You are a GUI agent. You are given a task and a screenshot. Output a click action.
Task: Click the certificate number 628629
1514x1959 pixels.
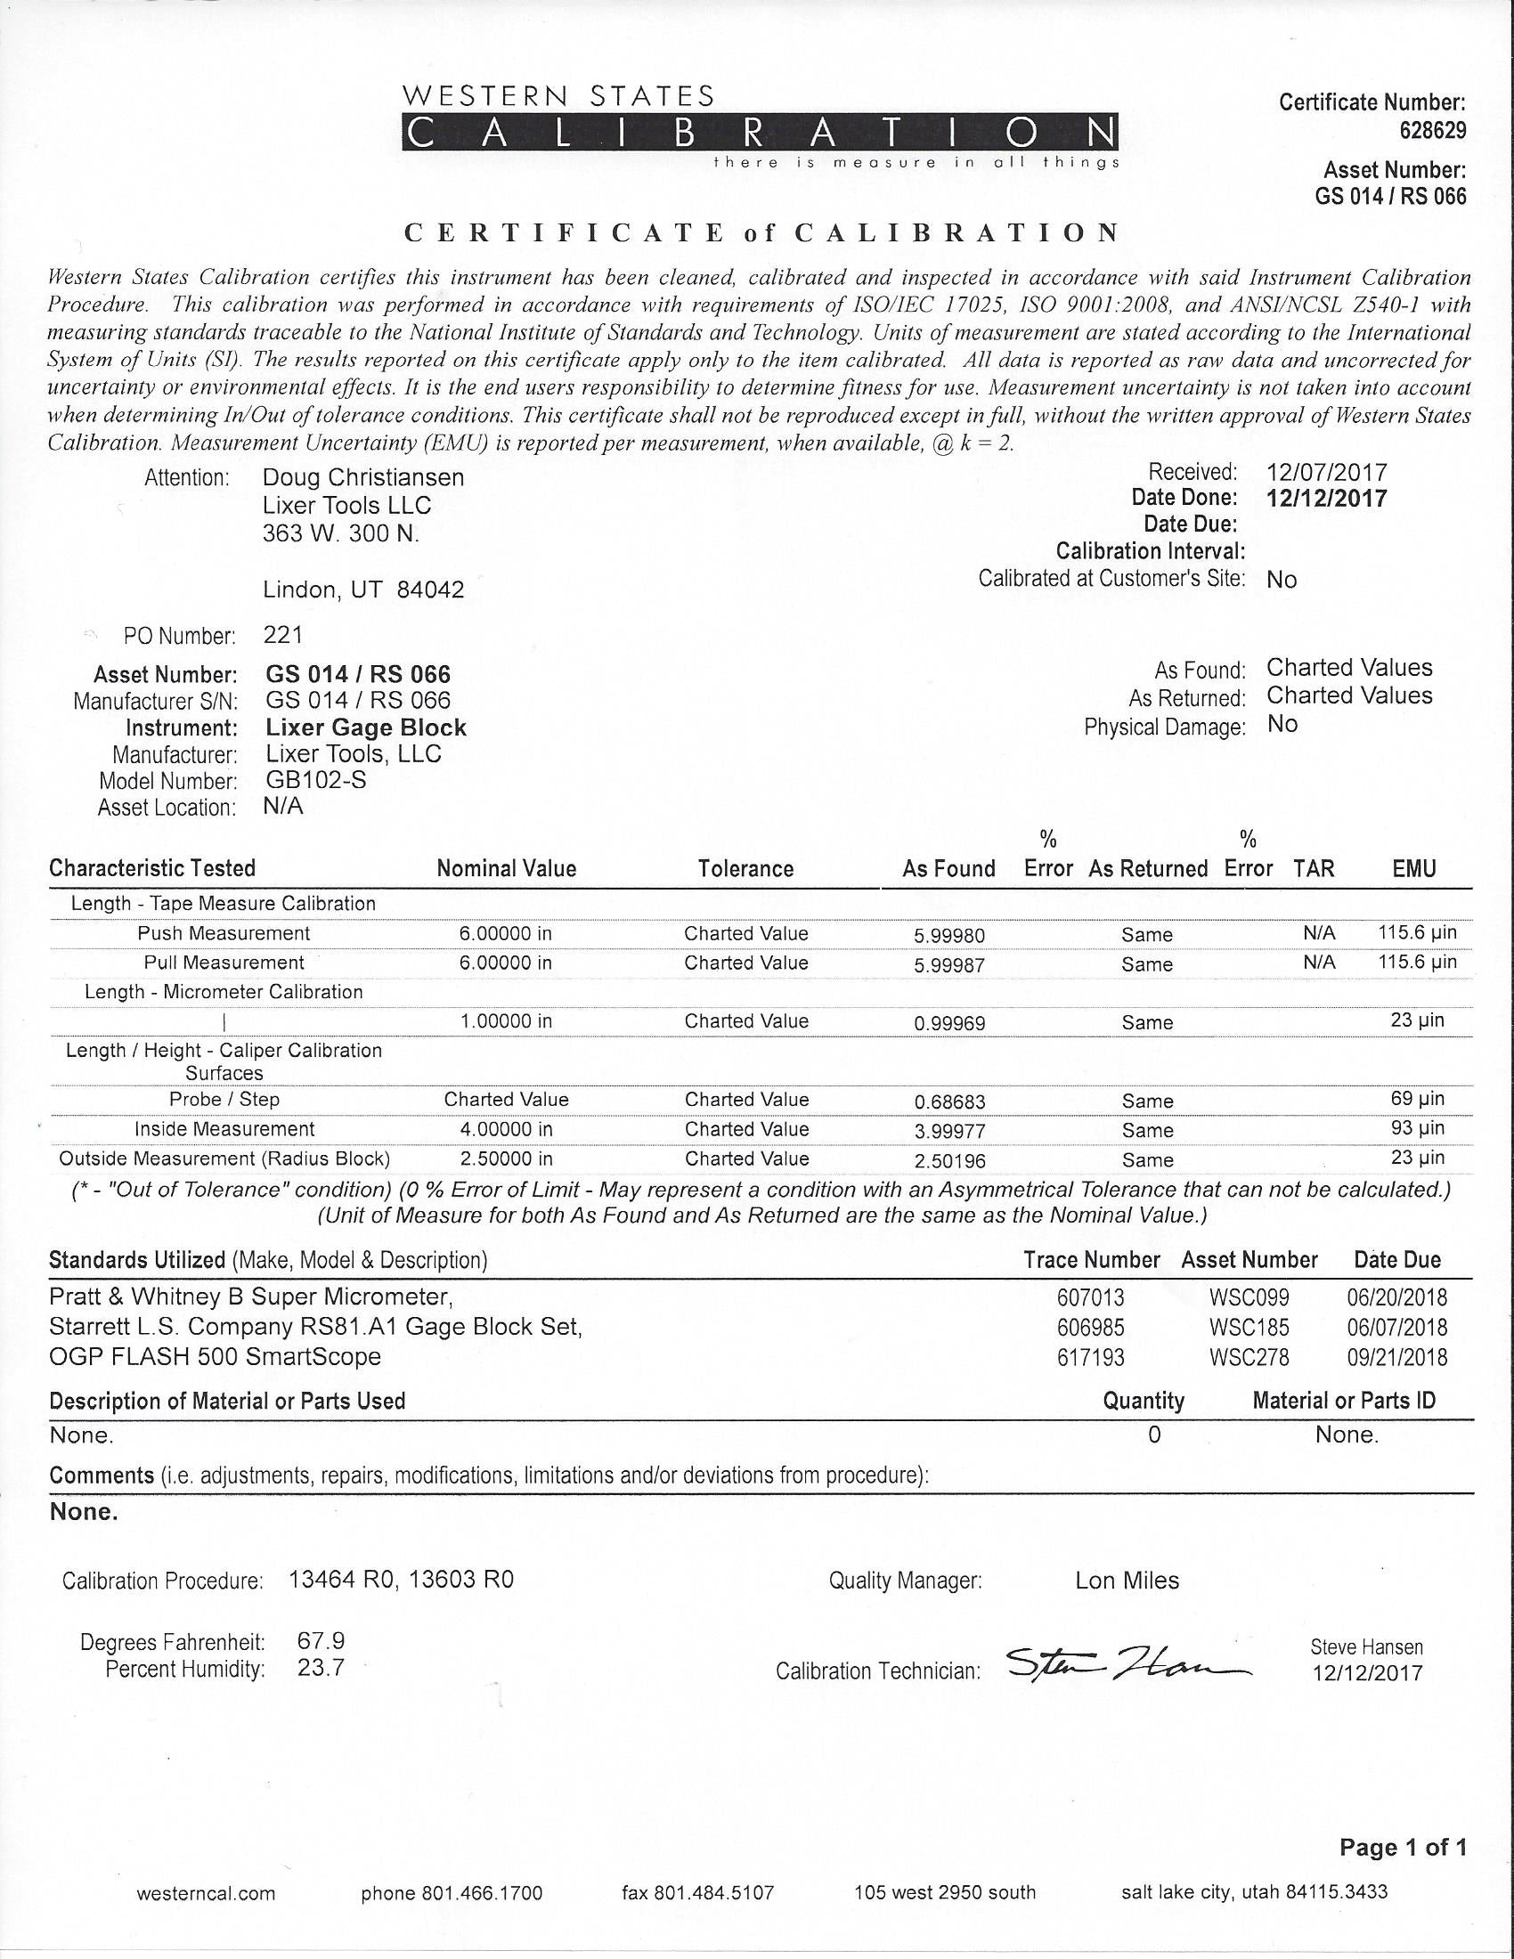(x=1432, y=131)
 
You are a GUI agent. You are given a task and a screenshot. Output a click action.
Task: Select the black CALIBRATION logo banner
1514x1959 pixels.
(x=760, y=133)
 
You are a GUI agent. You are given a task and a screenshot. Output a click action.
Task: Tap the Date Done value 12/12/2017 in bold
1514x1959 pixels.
(x=1326, y=499)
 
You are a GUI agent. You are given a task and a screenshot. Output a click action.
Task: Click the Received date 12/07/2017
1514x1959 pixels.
(x=1327, y=472)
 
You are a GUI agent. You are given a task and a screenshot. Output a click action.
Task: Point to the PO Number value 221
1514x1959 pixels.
(x=283, y=635)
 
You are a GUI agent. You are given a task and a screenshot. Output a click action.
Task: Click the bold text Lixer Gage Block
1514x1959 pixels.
(x=366, y=728)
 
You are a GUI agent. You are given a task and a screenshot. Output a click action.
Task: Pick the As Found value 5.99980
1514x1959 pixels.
(x=949, y=936)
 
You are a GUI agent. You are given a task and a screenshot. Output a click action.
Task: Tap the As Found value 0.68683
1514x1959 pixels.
(x=949, y=1101)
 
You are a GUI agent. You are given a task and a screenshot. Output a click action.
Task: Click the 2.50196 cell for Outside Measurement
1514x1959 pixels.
(x=949, y=1160)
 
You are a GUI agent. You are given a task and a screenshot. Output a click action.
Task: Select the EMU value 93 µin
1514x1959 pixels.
(x=1417, y=1128)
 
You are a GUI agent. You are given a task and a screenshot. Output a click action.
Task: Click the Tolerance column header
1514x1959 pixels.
(x=745, y=868)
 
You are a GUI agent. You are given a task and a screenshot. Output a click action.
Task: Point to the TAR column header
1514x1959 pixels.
(x=1314, y=868)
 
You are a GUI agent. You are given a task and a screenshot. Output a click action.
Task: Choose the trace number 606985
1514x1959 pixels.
(x=1090, y=1328)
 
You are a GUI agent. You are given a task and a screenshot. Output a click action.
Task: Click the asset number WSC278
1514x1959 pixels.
(x=1249, y=1357)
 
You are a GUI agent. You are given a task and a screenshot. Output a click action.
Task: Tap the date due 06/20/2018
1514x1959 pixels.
(x=1396, y=1298)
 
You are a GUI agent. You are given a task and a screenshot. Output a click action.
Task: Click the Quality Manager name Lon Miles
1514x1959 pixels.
(x=1127, y=1581)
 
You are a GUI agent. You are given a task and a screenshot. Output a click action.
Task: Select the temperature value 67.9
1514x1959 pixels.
(x=321, y=1641)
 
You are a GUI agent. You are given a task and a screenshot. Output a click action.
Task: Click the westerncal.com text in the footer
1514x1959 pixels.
(x=207, y=1893)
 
